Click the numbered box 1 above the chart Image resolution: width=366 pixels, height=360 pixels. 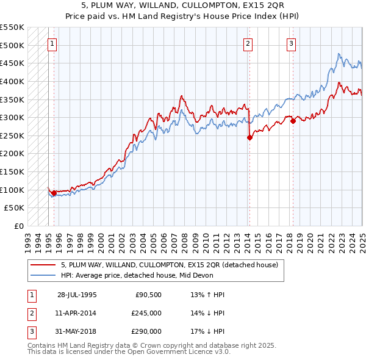click(x=53, y=43)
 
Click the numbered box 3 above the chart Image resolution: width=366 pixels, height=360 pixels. click(x=292, y=43)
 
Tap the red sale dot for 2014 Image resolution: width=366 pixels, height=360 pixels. click(x=249, y=138)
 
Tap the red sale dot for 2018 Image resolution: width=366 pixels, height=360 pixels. click(x=293, y=121)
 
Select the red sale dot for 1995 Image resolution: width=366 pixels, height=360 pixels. click(x=54, y=193)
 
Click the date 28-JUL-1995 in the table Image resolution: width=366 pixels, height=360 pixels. click(x=77, y=295)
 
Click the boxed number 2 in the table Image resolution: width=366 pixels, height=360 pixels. click(x=30, y=313)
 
